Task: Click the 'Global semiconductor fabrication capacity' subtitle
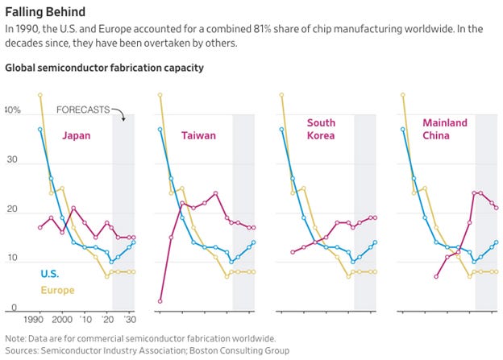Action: pos(104,67)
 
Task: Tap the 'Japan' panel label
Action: pos(76,134)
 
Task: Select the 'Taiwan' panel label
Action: pos(198,134)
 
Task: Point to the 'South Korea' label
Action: pos(321,129)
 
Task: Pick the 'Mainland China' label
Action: pos(445,129)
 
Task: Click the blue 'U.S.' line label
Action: pos(50,274)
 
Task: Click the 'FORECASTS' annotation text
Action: pos(83,110)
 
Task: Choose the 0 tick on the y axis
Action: pos(13,308)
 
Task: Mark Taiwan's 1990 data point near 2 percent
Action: pos(160,301)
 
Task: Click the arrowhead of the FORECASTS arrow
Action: pos(123,119)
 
